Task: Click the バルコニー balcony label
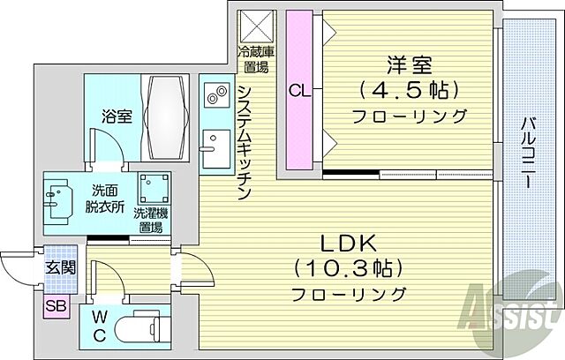click(526, 154)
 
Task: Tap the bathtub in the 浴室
click(168, 115)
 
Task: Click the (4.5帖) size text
click(408, 89)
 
